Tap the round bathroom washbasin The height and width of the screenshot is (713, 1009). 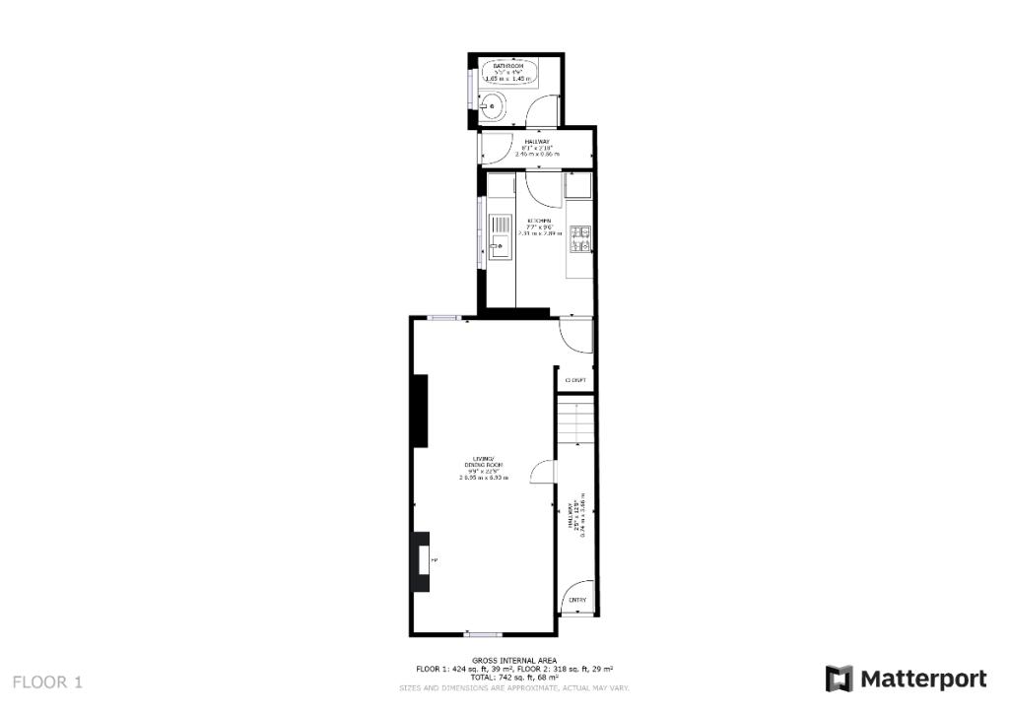[490, 106]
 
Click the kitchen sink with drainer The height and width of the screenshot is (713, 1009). [501, 237]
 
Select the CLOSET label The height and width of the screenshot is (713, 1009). [575, 380]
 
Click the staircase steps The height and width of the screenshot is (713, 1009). [575, 421]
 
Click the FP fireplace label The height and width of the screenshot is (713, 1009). [434, 560]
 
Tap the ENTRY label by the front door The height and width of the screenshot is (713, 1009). [577, 600]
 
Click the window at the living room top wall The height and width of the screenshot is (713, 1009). [443, 316]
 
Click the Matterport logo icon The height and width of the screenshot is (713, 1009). [839, 679]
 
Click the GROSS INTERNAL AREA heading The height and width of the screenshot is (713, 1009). [513, 660]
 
